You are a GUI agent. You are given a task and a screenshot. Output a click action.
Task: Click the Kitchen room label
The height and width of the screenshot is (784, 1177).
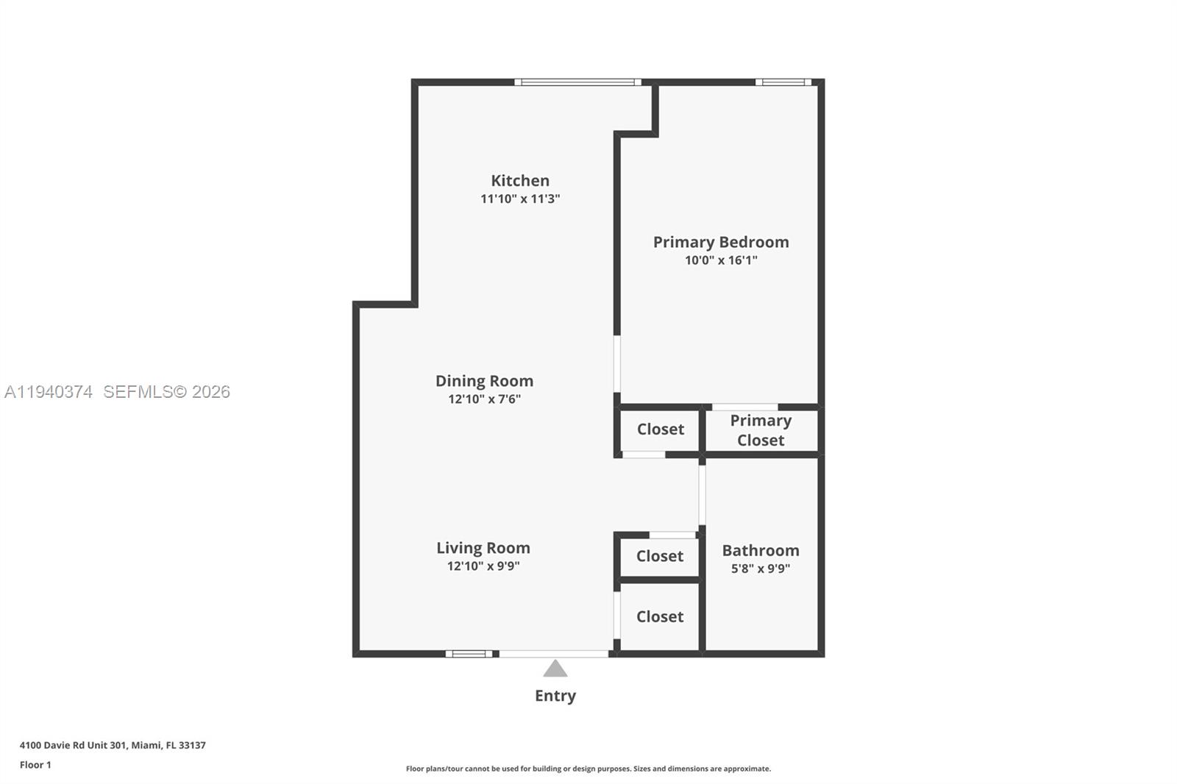(x=520, y=181)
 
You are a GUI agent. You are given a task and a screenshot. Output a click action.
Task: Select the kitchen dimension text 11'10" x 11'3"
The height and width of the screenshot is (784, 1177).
(x=520, y=199)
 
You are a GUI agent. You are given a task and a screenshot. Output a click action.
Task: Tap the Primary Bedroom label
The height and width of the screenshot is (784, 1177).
(x=721, y=242)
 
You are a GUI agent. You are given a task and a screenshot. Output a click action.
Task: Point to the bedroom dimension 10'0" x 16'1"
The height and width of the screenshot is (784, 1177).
(x=721, y=260)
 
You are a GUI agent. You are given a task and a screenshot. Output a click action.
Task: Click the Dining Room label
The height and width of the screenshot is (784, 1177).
(x=484, y=381)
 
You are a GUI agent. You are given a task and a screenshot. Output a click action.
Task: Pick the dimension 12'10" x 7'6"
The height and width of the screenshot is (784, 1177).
(x=484, y=399)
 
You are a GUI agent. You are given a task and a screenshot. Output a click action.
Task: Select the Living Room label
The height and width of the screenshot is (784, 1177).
(x=483, y=548)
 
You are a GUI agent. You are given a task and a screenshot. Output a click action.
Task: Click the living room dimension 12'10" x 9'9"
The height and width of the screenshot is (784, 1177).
(x=483, y=566)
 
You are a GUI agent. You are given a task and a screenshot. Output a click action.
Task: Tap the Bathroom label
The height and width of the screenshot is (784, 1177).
(x=760, y=551)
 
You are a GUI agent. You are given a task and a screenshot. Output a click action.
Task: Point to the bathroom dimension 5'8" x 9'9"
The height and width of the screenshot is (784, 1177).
(x=760, y=569)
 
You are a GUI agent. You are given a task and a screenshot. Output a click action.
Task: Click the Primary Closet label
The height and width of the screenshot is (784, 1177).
(x=761, y=430)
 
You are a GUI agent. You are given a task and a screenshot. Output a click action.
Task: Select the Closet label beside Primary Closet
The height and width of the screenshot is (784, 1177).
(x=660, y=430)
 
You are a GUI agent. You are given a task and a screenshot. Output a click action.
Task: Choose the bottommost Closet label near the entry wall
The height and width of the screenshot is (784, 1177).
(x=659, y=617)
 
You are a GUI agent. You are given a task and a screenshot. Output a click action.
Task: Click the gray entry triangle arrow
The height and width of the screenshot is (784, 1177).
(x=555, y=669)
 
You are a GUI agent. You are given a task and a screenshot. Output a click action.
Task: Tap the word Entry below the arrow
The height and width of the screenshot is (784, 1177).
(x=555, y=696)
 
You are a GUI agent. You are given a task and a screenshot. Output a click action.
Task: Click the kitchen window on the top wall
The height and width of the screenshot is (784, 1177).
(x=577, y=82)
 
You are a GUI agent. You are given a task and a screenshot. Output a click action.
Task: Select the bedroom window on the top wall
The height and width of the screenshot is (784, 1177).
(x=783, y=82)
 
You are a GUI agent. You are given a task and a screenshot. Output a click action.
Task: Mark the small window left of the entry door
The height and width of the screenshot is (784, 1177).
(x=469, y=654)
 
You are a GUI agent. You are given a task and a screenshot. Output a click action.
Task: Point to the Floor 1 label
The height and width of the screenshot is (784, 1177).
(x=35, y=765)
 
